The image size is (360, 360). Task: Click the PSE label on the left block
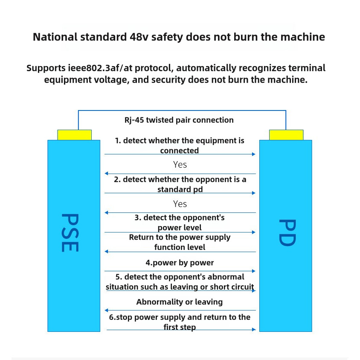pos(69,232)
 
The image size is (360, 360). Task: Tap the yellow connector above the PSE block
pos(75,135)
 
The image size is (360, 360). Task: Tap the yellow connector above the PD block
pos(286,135)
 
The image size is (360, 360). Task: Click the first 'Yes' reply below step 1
pos(180,164)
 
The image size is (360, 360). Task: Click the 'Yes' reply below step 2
pos(180,203)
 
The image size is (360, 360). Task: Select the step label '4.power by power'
pos(180,262)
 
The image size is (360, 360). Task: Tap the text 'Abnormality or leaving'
pos(180,302)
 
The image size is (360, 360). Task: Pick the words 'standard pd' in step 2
pos(180,189)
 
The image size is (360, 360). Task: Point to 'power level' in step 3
pos(180,228)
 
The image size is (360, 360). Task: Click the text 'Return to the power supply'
pos(180,237)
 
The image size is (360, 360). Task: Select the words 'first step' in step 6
pos(180,327)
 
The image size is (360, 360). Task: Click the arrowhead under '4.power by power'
pos(254,271)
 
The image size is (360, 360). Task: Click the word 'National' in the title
pos(55,37)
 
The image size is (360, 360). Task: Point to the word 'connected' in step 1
pos(180,151)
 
